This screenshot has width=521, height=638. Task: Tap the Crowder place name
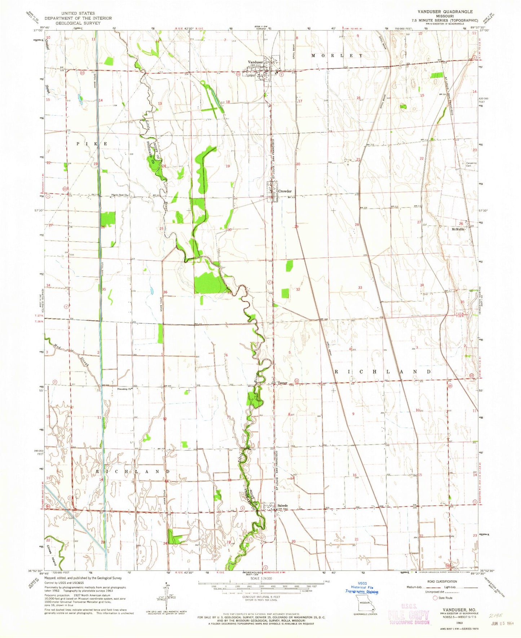click(x=284, y=191)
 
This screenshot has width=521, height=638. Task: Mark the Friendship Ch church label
click(x=125, y=389)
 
